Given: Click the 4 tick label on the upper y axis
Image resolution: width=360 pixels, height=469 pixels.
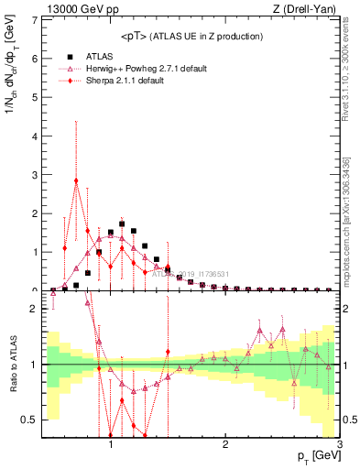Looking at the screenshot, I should pos(36,136).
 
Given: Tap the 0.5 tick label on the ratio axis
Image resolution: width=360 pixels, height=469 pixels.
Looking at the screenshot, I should pos(30,420).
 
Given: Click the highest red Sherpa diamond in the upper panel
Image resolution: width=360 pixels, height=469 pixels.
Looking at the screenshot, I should pos(76,180).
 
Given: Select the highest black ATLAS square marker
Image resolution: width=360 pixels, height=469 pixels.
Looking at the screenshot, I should pos(122,224).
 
